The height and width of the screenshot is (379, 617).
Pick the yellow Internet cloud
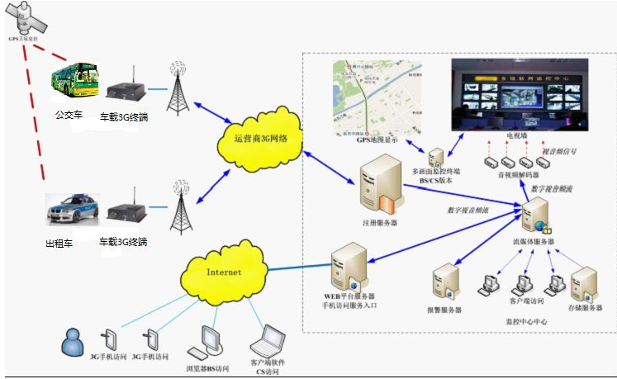(x=225, y=272)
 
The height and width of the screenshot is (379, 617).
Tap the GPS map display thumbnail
(x=377, y=97)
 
